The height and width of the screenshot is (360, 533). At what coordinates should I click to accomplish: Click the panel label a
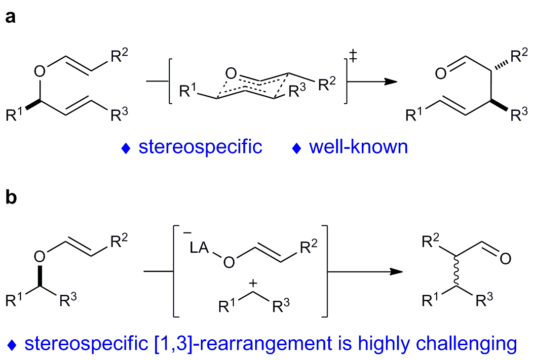(10, 16)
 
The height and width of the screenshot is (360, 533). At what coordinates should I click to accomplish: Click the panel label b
(11, 197)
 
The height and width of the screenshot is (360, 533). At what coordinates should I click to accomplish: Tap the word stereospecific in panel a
(200, 147)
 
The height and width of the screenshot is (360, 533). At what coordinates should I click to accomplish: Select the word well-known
(358, 147)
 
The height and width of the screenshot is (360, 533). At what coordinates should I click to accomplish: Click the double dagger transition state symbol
(353, 56)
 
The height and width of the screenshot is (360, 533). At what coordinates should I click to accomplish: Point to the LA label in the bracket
(199, 247)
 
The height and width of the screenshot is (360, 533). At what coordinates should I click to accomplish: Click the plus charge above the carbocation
(253, 283)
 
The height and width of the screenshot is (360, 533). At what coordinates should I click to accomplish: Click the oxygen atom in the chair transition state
(231, 73)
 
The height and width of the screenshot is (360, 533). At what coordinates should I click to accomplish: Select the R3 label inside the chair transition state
(297, 90)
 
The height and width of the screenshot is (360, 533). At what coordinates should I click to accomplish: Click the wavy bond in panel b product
(457, 271)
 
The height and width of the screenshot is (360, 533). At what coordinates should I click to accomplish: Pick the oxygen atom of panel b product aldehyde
(505, 259)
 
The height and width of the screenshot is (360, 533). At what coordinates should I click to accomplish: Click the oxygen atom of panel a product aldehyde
(441, 74)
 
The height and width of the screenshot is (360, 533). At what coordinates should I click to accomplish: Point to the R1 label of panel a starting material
(14, 115)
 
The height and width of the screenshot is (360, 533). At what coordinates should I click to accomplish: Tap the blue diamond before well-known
(297, 148)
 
